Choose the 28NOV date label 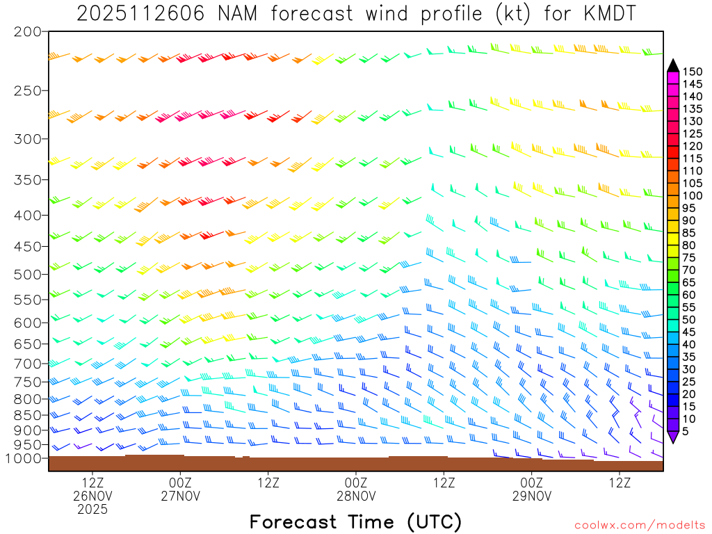(356, 496)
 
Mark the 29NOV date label (532, 496)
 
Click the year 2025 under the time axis (92, 509)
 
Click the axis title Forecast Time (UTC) (355, 521)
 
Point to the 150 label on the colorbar (693, 71)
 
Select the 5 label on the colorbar (686, 432)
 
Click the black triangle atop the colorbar (673, 65)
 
